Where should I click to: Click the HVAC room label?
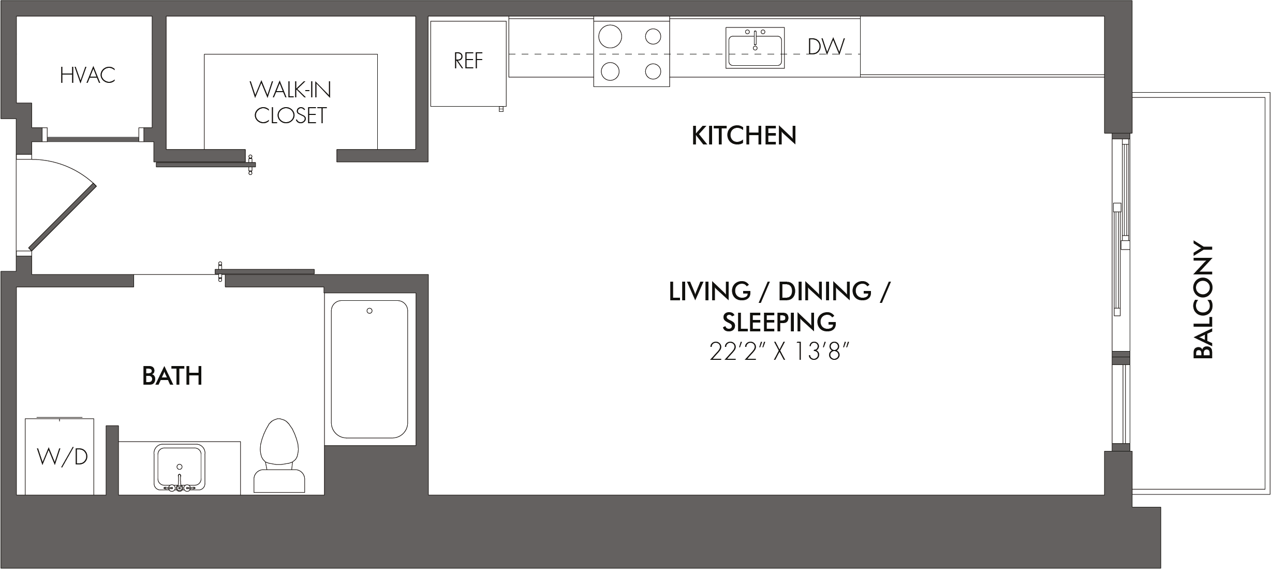tap(87, 76)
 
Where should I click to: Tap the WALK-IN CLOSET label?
tap(290, 103)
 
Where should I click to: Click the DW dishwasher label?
tap(826, 47)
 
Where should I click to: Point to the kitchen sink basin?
tap(756, 51)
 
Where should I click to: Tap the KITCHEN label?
tap(744, 136)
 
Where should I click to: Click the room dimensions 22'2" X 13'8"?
tap(780, 353)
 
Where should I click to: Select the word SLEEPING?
tap(779, 322)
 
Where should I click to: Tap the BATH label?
tap(172, 376)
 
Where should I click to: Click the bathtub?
tap(370, 369)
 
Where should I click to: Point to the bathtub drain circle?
tap(370, 311)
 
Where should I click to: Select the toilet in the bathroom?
tap(280, 456)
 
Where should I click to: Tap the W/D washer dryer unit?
tap(60, 456)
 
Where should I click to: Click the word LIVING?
tap(710, 291)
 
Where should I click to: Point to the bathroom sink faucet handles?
tap(180, 488)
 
